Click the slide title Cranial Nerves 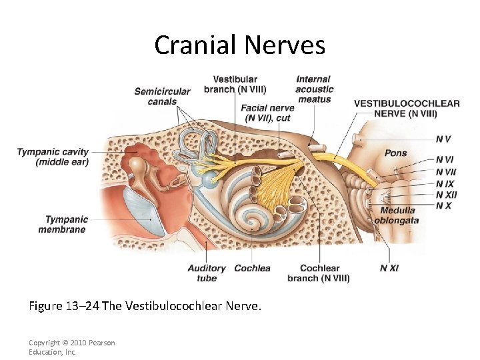[x=239, y=45]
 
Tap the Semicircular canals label [x=162, y=97]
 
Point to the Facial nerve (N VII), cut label [x=267, y=113]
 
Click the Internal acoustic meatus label [x=315, y=89]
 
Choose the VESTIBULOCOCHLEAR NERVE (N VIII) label [x=406, y=108]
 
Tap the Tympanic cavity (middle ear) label [x=53, y=157]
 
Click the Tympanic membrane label [x=65, y=224]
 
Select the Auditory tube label [x=207, y=273]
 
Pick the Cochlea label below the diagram [x=252, y=268]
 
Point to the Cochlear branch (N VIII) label [x=319, y=273]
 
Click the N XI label [x=389, y=268]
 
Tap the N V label [x=443, y=139]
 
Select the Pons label [x=395, y=153]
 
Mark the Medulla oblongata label [x=396, y=215]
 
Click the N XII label [x=446, y=194]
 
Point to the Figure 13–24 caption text [x=145, y=306]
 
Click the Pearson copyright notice [x=71, y=347]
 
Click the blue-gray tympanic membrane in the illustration [x=147, y=213]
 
